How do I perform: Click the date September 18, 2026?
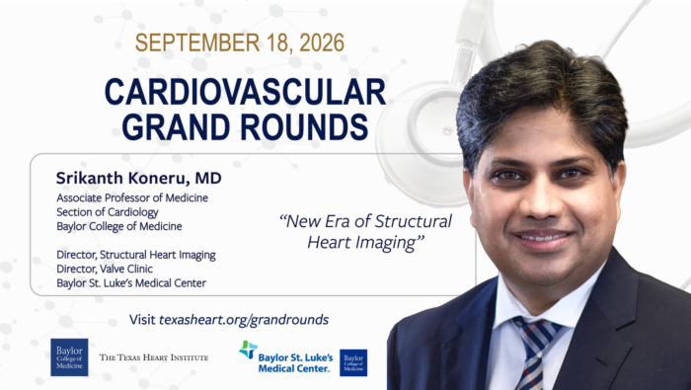pyautogui.click(x=239, y=42)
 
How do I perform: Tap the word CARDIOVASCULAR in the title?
pyautogui.click(x=245, y=92)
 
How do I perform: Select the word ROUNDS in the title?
pyautogui.click(x=304, y=127)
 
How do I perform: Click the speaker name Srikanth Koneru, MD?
pyautogui.click(x=139, y=178)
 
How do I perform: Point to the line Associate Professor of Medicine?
pyautogui.click(x=132, y=197)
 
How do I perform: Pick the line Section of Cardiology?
pyautogui.click(x=107, y=212)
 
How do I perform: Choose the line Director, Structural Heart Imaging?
pyautogui.click(x=136, y=255)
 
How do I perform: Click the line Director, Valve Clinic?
pyautogui.click(x=105, y=269)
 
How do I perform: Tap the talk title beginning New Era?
pyautogui.click(x=365, y=231)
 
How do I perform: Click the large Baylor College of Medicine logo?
pyautogui.click(x=69, y=357)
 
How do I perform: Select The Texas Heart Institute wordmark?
pyautogui.click(x=153, y=357)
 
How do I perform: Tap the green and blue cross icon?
pyautogui.click(x=248, y=350)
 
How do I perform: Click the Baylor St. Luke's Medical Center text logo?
pyautogui.click(x=295, y=362)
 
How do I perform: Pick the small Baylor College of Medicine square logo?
pyautogui.click(x=353, y=362)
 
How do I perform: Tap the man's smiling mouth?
pyautogui.click(x=543, y=238)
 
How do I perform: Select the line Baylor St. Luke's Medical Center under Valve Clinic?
pyautogui.click(x=131, y=283)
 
